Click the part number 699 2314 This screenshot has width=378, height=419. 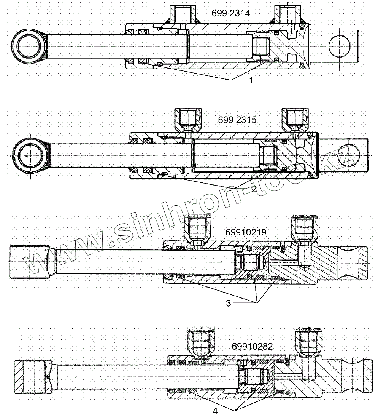pyautogui.click(x=231, y=13)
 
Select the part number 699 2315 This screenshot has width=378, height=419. pyautogui.click(x=237, y=120)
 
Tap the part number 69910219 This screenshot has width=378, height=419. pyautogui.click(x=245, y=232)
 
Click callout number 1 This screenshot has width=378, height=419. pyautogui.click(x=251, y=80)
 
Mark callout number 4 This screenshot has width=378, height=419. pyautogui.click(x=215, y=411)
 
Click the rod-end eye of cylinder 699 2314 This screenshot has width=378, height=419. pyautogui.click(x=29, y=46)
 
